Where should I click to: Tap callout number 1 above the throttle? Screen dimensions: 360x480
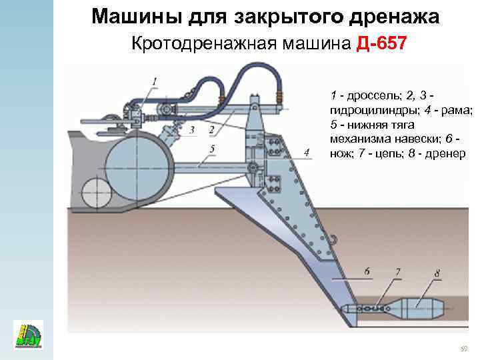[155, 81]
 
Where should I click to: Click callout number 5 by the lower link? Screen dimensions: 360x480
[211, 149]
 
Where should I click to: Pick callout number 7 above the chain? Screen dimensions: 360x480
[397, 271]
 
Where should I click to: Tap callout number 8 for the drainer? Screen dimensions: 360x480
[437, 273]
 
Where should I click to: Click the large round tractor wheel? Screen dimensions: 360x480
[137, 163]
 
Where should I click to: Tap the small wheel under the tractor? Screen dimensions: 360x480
[93, 191]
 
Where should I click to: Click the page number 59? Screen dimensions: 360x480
[465, 349]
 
